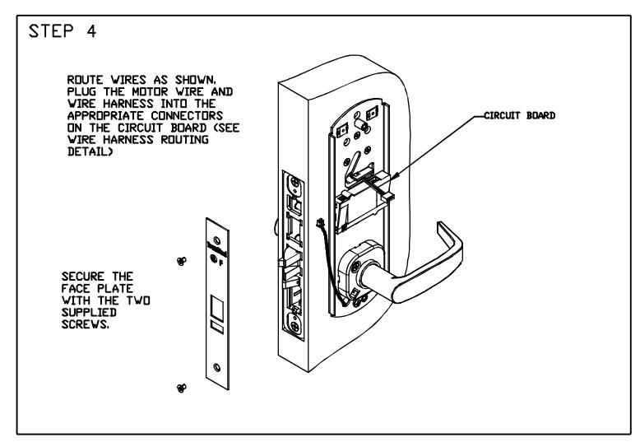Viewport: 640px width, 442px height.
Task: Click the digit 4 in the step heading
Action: [91, 31]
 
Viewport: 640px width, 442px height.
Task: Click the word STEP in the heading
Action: [51, 31]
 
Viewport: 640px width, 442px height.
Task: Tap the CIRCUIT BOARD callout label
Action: [519, 115]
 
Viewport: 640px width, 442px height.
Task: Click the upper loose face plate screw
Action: [182, 261]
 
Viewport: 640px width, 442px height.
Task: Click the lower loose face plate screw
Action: [182, 388]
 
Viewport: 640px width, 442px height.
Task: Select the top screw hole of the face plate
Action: [216, 240]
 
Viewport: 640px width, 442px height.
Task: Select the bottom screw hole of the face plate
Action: [216, 368]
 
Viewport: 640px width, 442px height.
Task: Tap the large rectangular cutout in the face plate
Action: [217, 308]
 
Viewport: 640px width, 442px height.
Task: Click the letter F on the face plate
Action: [220, 263]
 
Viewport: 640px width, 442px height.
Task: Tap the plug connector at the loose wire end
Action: [320, 223]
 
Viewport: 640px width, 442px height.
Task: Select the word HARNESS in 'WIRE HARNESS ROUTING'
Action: [128, 140]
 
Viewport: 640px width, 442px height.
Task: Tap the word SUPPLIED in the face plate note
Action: [89, 313]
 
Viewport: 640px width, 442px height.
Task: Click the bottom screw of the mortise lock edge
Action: [294, 327]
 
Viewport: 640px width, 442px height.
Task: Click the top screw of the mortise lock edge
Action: [294, 183]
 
